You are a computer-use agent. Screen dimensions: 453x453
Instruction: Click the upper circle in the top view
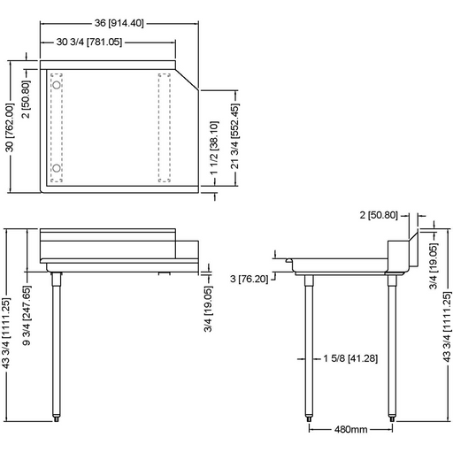pyautogui.click(x=56, y=85)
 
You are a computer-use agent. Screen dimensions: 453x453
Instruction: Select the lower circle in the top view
pyautogui.click(x=56, y=167)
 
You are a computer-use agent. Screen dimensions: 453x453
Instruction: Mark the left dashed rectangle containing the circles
pyautogui.click(x=57, y=127)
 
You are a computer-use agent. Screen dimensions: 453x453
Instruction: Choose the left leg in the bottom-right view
pyautogui.click(x=309, y=345)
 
